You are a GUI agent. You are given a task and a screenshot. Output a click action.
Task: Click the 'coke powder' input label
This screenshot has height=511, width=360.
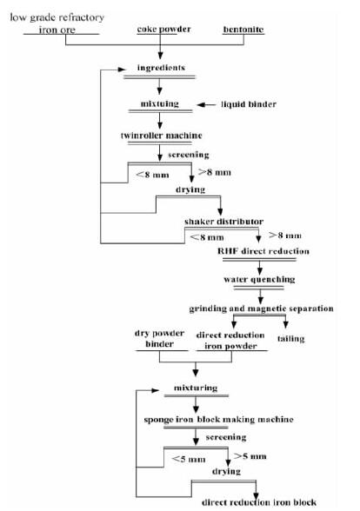click(x=163, y=29)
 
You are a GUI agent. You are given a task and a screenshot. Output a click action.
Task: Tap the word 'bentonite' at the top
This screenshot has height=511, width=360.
click(x=243, y=30)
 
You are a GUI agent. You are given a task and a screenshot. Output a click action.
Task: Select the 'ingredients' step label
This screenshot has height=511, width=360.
click(x=161, y=68)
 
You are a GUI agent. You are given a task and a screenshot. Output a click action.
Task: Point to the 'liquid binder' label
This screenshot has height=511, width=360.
click(x=249, y=104)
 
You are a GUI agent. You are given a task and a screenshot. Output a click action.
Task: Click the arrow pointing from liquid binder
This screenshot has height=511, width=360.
click(x=206, y=104)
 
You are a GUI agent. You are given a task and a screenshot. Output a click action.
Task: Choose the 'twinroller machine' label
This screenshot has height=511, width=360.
click(x=162, y=136)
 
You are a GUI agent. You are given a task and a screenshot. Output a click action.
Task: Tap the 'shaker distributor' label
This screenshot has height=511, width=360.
click(x=223, y=222)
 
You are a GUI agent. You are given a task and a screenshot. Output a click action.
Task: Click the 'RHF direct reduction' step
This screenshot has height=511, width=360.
click(x=263, y=251)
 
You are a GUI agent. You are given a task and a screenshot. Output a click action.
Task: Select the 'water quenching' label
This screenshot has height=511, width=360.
click(x=259, y=280)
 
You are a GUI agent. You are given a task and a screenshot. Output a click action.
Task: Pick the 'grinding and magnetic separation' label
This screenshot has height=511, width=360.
click(x=261, y=309)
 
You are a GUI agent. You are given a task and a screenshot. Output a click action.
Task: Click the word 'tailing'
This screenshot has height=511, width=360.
click(x=290, y=339)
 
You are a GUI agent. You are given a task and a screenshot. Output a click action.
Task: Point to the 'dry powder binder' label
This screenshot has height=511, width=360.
click(x=159, y=339)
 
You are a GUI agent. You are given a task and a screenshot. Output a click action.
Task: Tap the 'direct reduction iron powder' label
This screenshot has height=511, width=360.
click(x=230, y=341)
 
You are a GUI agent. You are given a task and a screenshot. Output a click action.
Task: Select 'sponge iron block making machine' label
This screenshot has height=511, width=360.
click(x=218, y=420)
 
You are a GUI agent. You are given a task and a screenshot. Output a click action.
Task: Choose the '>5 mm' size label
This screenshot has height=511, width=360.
click(x=250, y=456)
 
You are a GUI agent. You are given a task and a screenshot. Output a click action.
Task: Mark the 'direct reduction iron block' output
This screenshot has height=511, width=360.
click(x=259, y=502)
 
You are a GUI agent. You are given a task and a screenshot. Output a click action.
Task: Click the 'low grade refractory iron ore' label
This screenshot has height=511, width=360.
click(x=57, y=23)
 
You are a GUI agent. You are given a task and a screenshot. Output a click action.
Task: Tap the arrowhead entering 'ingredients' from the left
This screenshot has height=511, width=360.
click(x=122, y=70)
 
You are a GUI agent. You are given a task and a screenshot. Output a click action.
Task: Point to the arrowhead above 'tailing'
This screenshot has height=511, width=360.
click(x=285, y=325)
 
